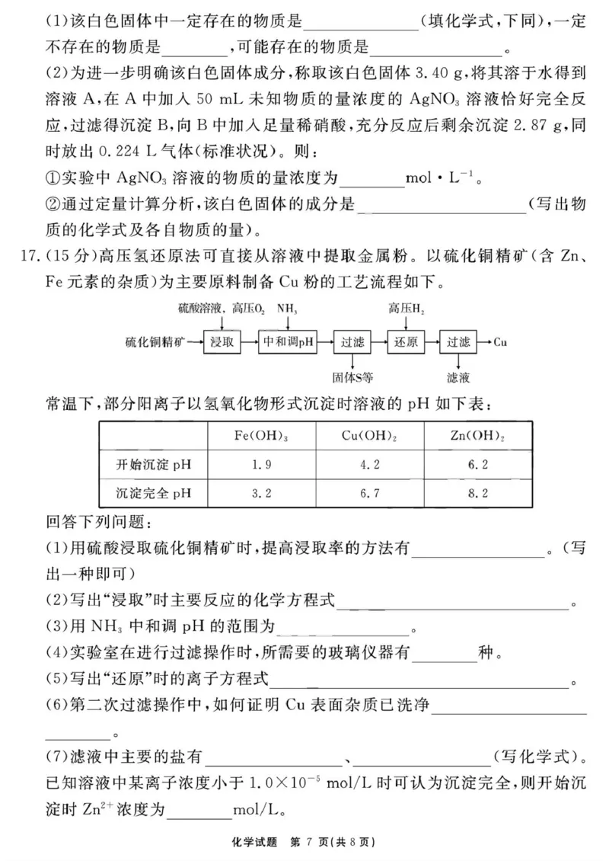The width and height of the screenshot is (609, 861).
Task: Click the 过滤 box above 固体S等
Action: click(x=352, y=342)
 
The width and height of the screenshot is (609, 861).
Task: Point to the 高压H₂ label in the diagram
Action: click(x=403, y=309)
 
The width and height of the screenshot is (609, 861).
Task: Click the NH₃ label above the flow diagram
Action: click(x=287, y=309)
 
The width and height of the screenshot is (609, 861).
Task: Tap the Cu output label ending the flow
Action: click(x=500, y=342)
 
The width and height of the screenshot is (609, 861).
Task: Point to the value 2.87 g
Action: click(x=518, y=125)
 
